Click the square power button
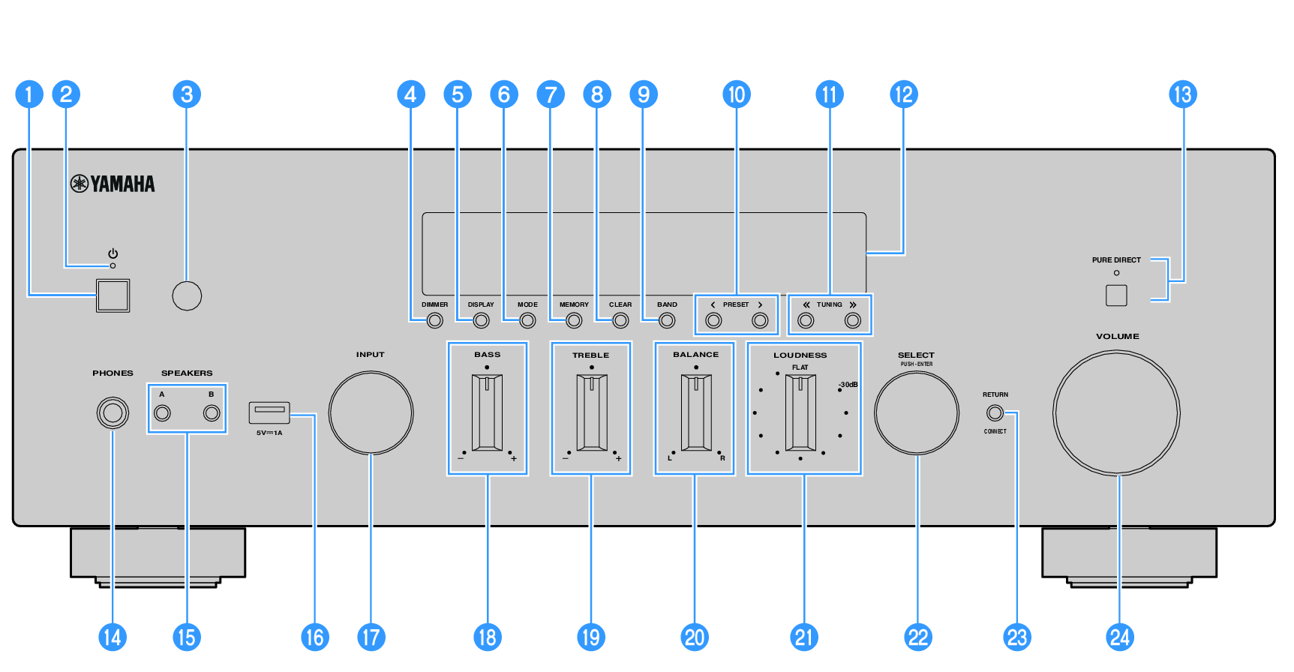113,295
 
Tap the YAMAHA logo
113,184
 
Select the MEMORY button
574,321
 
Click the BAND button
667,321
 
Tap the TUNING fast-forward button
853,321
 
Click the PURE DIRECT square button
1116,295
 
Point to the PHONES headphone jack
113,413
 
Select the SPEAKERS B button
212,413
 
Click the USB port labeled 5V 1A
269,412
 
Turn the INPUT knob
371,412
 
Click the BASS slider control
488,412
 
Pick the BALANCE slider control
696,412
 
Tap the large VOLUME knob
1117,412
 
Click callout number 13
1183,94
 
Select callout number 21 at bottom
804,637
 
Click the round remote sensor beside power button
187,295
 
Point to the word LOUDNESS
800,355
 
